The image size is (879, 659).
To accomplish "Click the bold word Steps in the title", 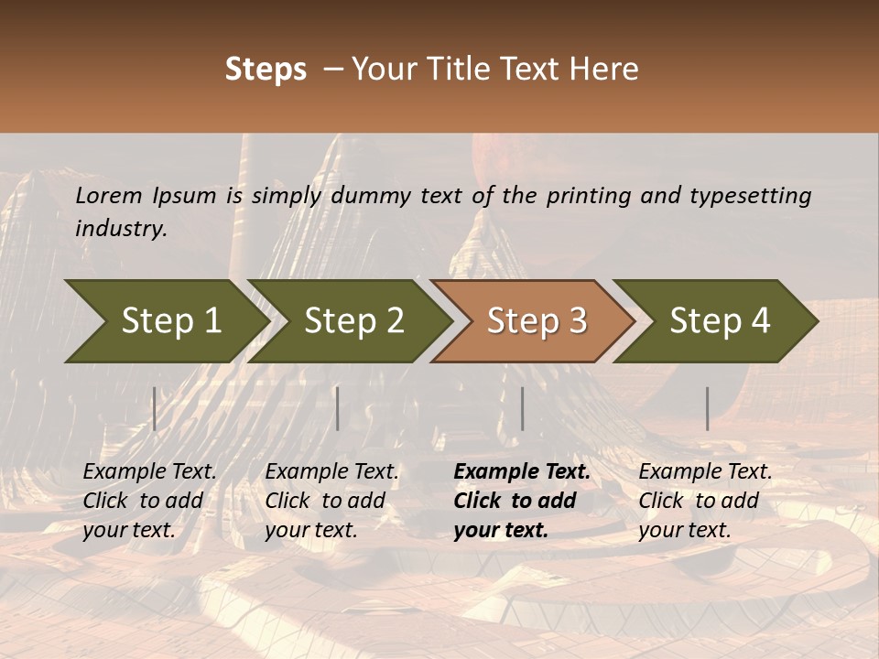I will [x=266, y=70].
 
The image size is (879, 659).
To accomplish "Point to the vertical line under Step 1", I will [x=155, y=408].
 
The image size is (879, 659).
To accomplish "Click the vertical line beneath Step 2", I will [x=338, y=408].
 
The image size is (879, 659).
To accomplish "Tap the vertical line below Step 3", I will [x=522, y=408].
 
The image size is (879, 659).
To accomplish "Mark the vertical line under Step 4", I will [x=707, y=408].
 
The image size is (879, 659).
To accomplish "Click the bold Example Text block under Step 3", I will [x=522, y=501].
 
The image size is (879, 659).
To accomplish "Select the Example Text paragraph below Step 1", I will [x=150, y=501].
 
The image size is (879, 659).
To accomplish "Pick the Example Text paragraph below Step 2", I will [x=331, y=501].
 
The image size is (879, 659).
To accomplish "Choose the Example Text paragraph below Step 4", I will [x=705, y=501].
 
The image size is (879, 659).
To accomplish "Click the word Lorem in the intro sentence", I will [x=108, y=196].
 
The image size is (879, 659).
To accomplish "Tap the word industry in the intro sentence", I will [x=121, y=229].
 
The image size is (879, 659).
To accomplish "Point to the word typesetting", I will [x=750, y=196].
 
